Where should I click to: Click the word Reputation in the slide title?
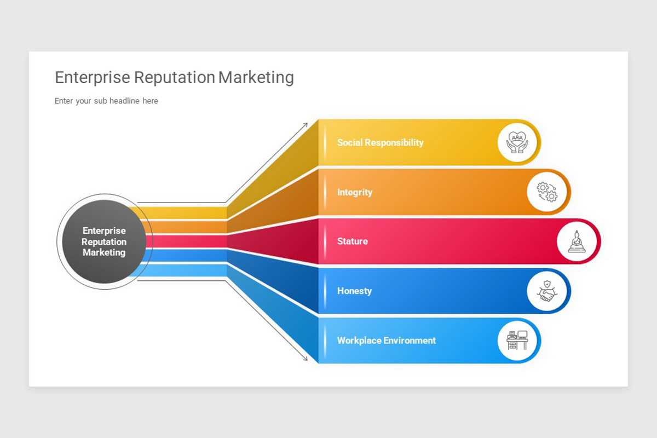(174, 78)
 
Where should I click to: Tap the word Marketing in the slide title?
(256, 78)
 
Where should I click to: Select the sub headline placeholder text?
(106, 101)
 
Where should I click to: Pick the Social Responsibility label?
(380, 142)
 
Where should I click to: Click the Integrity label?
(354, 192)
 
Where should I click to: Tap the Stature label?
(352, 241)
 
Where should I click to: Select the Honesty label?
(354, 291)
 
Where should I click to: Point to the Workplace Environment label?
(386, 340)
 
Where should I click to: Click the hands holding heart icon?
(517, 142)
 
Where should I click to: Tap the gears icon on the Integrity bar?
(546, 192)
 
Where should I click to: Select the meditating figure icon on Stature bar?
(576, 241)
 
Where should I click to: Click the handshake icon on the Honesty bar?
(546, 291)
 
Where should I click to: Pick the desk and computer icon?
(517, 340)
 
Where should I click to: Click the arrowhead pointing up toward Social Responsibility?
(306, 125)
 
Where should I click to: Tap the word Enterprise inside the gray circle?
(104, 230)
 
